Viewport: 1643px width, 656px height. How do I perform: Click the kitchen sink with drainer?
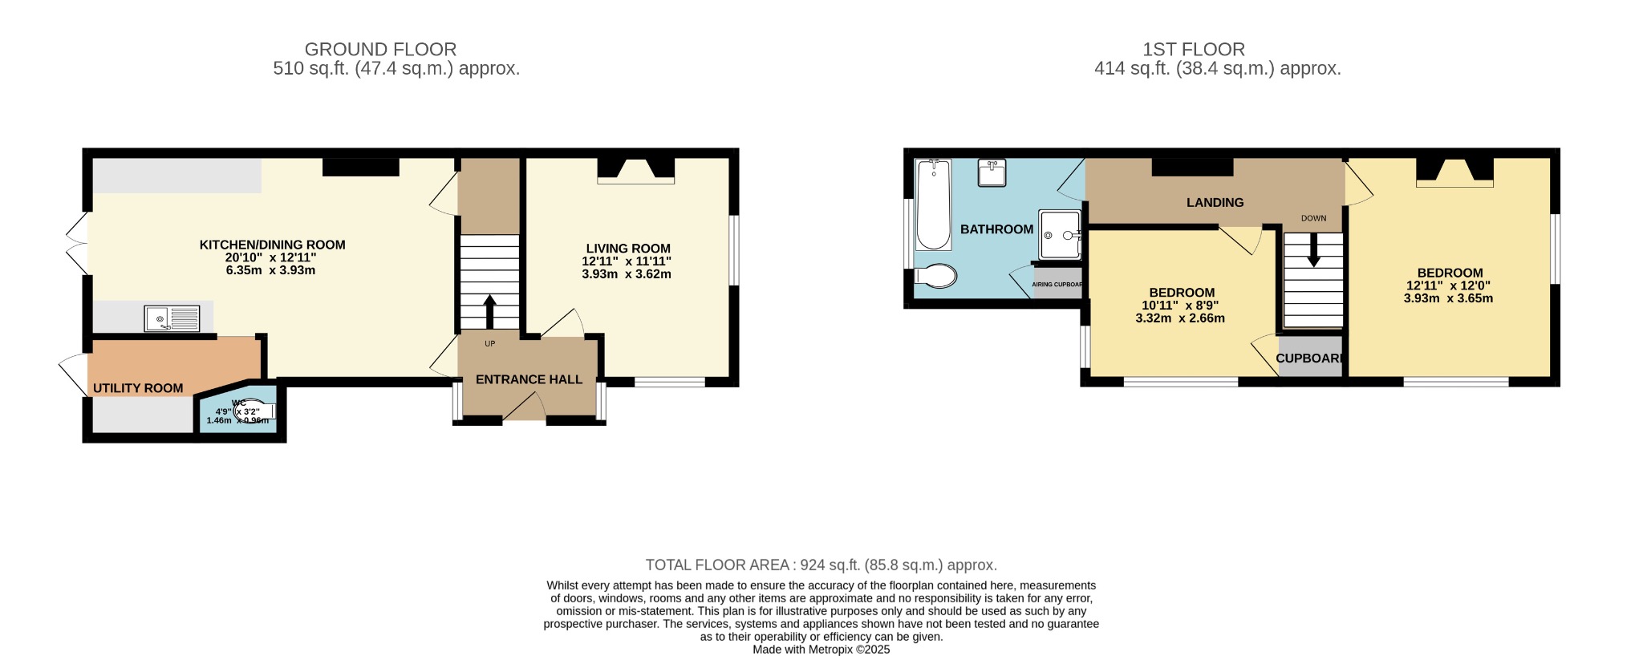[172, 318]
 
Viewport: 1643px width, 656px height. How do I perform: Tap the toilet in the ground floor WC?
[253, 411]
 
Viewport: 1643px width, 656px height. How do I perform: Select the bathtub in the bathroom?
[933, 205]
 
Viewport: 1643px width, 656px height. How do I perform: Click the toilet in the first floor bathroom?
[936, 276]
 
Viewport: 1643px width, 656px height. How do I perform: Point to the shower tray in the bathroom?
[1060, 235]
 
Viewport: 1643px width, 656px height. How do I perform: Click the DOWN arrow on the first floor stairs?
[1313, 249]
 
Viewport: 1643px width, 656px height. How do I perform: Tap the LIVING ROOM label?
[627, 249]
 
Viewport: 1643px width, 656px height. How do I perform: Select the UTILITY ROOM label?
[138, 388]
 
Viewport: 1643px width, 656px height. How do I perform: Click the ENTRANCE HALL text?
[529, 379]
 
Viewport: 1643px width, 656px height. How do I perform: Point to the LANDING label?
[1215, 203]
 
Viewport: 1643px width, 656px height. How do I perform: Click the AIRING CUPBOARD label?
[1057, 285]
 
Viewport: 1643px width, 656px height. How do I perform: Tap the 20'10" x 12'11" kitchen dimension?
[271, 257]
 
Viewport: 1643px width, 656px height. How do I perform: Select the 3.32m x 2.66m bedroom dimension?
[1180, 318]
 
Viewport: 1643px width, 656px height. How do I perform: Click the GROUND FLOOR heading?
[380, 49]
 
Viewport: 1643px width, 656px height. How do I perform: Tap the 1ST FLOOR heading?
[1194, 49]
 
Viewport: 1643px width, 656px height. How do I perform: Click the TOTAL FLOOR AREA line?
[821, 565]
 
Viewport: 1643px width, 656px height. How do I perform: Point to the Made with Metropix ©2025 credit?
[821, 650]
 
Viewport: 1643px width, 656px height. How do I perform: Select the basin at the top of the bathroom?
[992, 172]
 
